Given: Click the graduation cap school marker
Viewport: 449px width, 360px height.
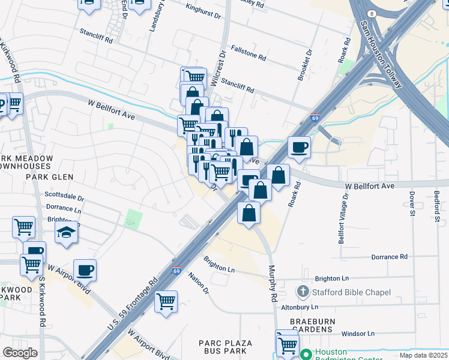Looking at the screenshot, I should click(67, 233).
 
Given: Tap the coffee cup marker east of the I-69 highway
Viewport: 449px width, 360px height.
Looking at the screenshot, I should click(298, 146).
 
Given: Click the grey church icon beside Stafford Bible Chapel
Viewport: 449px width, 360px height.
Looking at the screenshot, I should click(303, 293).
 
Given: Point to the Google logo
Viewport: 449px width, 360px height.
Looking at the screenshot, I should click(20, 353).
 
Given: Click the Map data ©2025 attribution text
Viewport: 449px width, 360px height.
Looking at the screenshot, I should click(423, 355).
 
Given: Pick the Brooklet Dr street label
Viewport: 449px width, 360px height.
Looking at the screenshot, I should click(305, 64).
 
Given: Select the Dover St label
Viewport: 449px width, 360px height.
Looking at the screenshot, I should click(412, 204).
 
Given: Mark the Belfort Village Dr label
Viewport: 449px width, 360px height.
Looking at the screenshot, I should click(342, 220).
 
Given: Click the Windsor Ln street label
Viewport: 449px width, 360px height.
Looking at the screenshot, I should click(358, 334).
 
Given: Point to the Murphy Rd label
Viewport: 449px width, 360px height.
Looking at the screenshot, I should click(272, 284).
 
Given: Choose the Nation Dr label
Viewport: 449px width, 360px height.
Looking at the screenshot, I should click(199, 282).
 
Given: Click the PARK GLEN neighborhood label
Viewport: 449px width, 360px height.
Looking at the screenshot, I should click(49, 177).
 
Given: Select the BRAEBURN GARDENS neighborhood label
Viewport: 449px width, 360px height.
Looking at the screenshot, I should click(313, 326).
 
